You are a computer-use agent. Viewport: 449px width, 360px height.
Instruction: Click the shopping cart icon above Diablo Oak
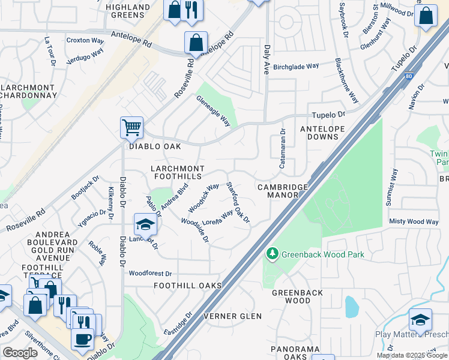(131, 127)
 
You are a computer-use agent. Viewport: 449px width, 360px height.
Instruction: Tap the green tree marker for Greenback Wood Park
(272, 254)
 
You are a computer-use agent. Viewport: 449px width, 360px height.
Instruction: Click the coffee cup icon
(82, 338)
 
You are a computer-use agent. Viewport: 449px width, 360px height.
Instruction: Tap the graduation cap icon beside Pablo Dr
(145, 224)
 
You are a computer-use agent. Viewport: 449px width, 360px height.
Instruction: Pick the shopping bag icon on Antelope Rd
(196, 43)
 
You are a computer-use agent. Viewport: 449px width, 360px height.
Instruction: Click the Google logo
(20, 353)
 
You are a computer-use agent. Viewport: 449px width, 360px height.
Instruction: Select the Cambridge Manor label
(282, 191)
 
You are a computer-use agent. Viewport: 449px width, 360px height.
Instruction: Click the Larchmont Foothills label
(178, 172)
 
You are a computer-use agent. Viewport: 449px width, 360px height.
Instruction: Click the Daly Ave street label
(266, 60)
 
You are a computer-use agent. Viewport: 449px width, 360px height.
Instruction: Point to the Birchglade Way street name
(296, 68)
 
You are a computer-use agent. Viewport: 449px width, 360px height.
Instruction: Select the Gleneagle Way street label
(214, 112)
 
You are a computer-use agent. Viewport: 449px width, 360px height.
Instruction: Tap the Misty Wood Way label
(414, 222)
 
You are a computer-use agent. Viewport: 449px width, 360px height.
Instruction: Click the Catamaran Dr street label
(282, 148)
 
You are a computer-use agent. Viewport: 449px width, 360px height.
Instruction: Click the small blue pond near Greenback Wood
(351, 306)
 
